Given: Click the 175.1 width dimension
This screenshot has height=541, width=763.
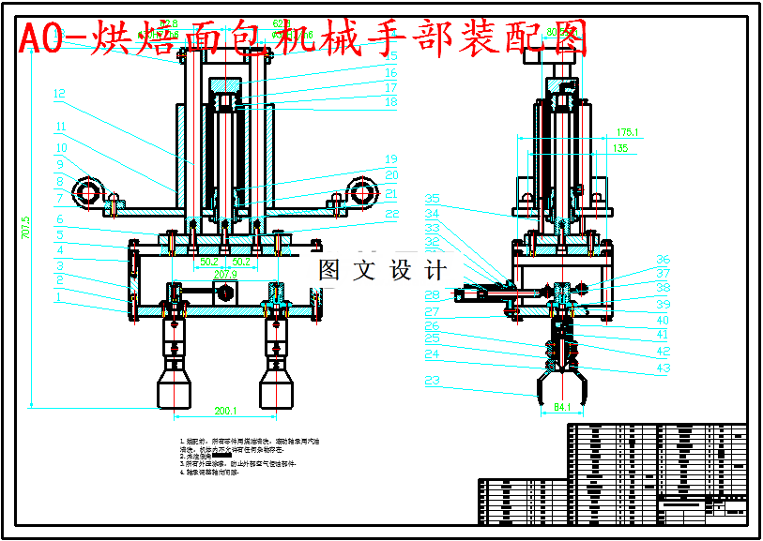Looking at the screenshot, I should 626,133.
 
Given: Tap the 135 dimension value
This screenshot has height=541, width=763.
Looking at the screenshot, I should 620,148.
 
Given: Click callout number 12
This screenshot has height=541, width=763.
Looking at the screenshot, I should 59,94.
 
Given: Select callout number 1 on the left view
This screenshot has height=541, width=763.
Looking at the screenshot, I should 59,297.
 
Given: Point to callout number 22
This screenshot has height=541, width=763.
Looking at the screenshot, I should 391,214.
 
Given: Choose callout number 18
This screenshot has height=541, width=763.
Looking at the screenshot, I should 391,101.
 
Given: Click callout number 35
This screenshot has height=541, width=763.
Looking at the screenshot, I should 433,199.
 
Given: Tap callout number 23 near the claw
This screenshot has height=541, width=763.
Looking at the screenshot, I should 433,381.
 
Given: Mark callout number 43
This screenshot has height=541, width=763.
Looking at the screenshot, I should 664,368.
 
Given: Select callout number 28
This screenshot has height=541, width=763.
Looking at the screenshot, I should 433,295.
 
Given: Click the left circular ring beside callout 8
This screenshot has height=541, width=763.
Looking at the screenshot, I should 90,193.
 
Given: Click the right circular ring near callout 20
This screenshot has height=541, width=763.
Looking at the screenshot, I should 360,189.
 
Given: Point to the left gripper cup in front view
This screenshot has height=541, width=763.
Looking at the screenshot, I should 175,384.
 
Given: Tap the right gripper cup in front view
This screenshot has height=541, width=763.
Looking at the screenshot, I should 278,384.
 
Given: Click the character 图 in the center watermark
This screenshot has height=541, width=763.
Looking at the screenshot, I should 329,271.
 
